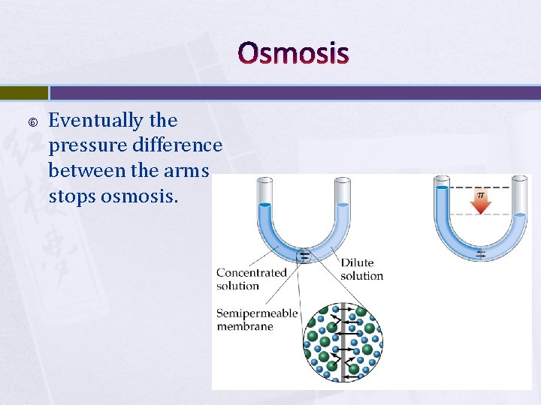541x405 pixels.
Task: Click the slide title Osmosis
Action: [293, 53]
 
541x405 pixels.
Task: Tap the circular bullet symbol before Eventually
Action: [31, 121]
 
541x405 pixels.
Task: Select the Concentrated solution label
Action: [251, 279]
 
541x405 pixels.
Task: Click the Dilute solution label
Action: [361, 269]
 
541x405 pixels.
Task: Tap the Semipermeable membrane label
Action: [257, 319]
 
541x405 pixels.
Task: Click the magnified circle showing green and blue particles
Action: [343, 343]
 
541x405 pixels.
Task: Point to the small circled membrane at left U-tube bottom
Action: [304, 256]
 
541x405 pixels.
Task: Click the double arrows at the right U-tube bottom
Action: [480, 254]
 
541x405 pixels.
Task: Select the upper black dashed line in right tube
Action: [481, 187]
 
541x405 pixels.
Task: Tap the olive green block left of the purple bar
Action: [23, 92]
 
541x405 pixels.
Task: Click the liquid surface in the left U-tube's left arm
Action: [264, 205]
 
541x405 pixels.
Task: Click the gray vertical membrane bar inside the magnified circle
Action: [343, 343]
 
